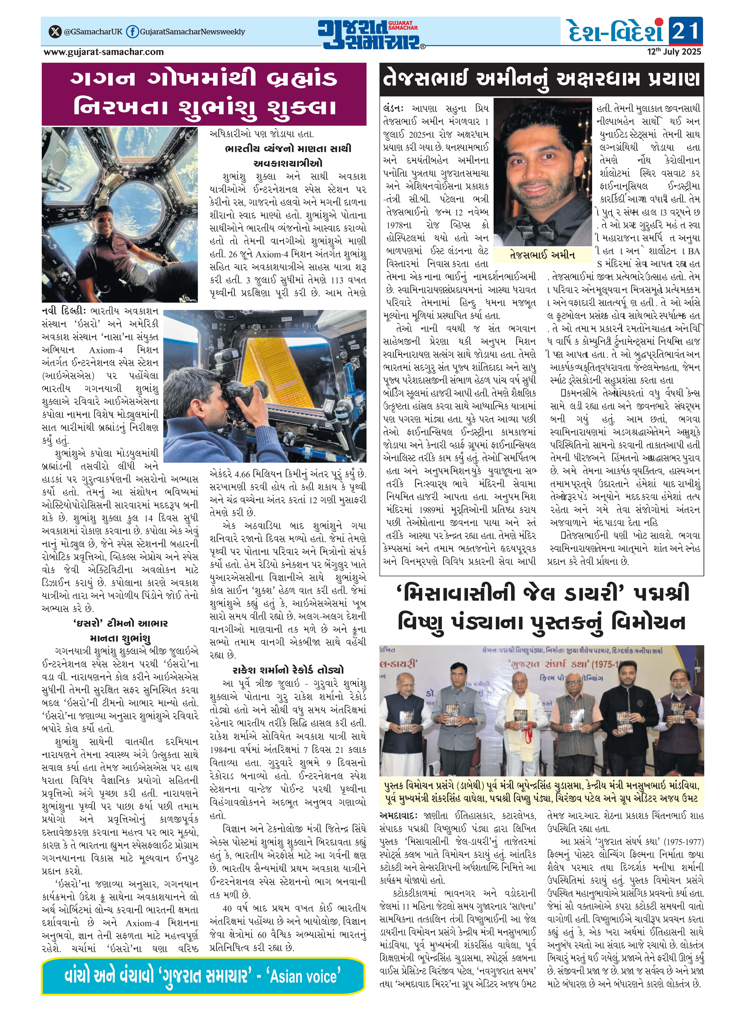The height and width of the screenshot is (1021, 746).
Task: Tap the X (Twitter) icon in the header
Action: [55, 32]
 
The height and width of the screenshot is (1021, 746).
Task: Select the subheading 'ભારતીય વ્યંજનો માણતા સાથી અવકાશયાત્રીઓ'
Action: [288, 155]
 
